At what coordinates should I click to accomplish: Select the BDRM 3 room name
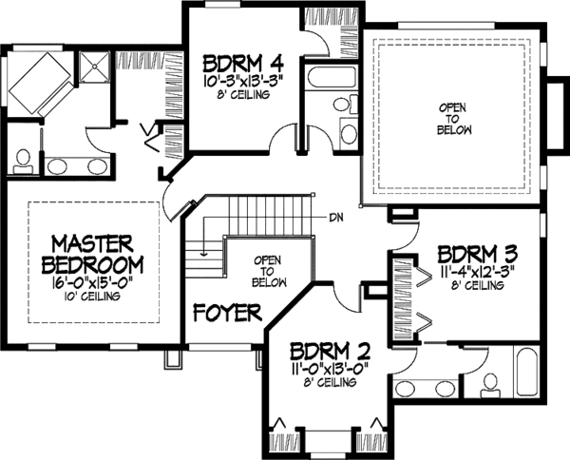[x=477, y=256]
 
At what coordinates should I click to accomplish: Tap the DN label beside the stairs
[x=335, y=217]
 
